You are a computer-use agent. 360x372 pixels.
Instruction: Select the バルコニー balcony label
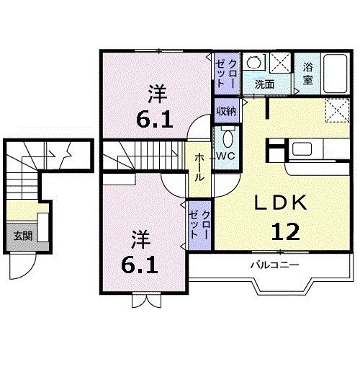(270, 265)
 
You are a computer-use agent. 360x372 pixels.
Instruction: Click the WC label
(225, 155)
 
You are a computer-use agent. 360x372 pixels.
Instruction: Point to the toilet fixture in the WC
(227, 137)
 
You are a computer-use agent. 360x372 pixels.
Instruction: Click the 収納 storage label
(225, 111)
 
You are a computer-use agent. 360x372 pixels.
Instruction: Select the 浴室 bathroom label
(307, 73)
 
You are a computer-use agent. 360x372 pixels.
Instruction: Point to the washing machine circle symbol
(253, 63)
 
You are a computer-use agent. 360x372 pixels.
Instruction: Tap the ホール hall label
(199, 167)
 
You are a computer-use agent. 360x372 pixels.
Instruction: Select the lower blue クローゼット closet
(199, 224)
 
